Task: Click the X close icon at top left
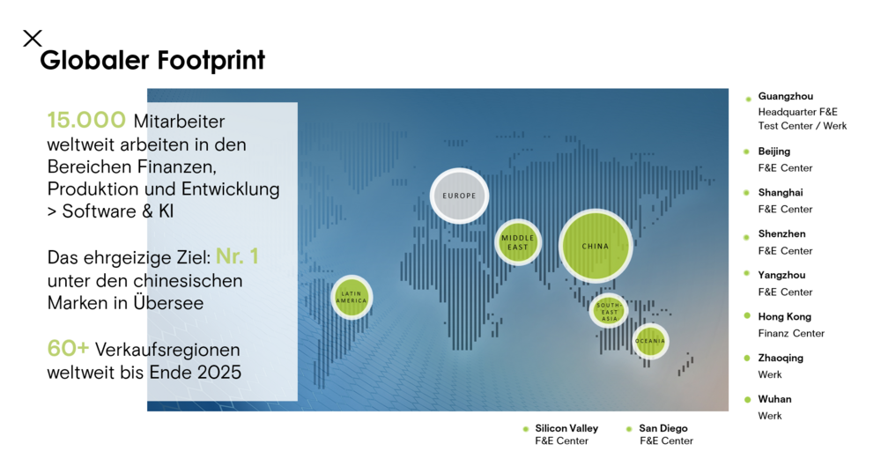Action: pyautogui.click(x=33, y=38)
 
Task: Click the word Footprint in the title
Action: pyautogui.click(x=211, y=60)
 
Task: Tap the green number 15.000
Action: pyautogui.click(x=86, y=121)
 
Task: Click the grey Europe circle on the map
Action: pyautogui.click(x=459, y=196)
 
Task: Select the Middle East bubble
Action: pyautogui.click(x=518, y=242)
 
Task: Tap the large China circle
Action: pyautogui.click(x=596, y=246)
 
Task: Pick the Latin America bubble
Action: pyautogui.click(x=352, y=297)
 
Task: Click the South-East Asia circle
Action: pyautogui.click(x=608, y=310)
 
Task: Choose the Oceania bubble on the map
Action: pyautogui.click(x=650, y=341)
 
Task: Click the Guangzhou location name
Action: pyautogui.click(x=785, y=96)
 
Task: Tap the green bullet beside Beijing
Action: pyautogui.click(x=748, y=152)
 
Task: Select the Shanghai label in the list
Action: pyautogui.click(x=780, y=192)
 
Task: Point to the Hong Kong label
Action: pyautogui.click(x=784, y=316)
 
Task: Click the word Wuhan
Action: pyautogui.click(x=774, y=399)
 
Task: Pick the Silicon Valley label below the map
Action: pyautogui.click(x=563, y=428)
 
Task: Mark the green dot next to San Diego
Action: pyautogui.click(x=629, y=429)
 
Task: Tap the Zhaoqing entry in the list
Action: pyautogui.click(x=780, y=358)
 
